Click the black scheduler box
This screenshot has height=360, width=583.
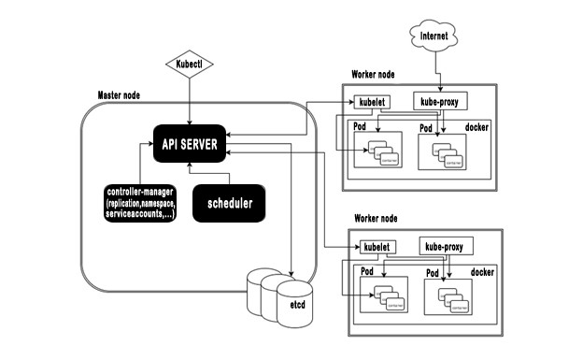click(229, 203)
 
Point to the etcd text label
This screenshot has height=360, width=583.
click(297, 305)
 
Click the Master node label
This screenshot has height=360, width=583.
click(120, 96)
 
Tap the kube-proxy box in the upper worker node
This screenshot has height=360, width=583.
click(438, 100)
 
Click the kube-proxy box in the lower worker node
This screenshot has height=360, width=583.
click(448, 247)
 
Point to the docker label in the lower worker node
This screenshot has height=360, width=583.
click(482, 272)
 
